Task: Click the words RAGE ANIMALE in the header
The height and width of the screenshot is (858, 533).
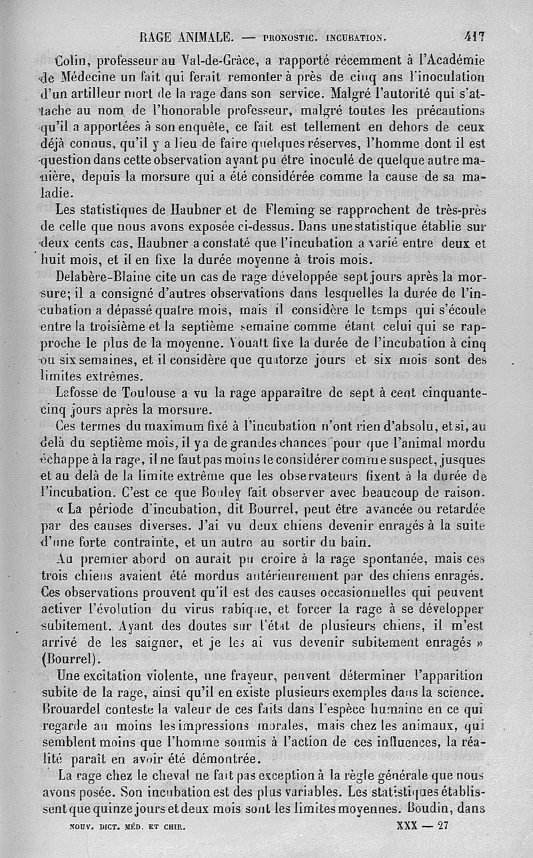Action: click(186, 37)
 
